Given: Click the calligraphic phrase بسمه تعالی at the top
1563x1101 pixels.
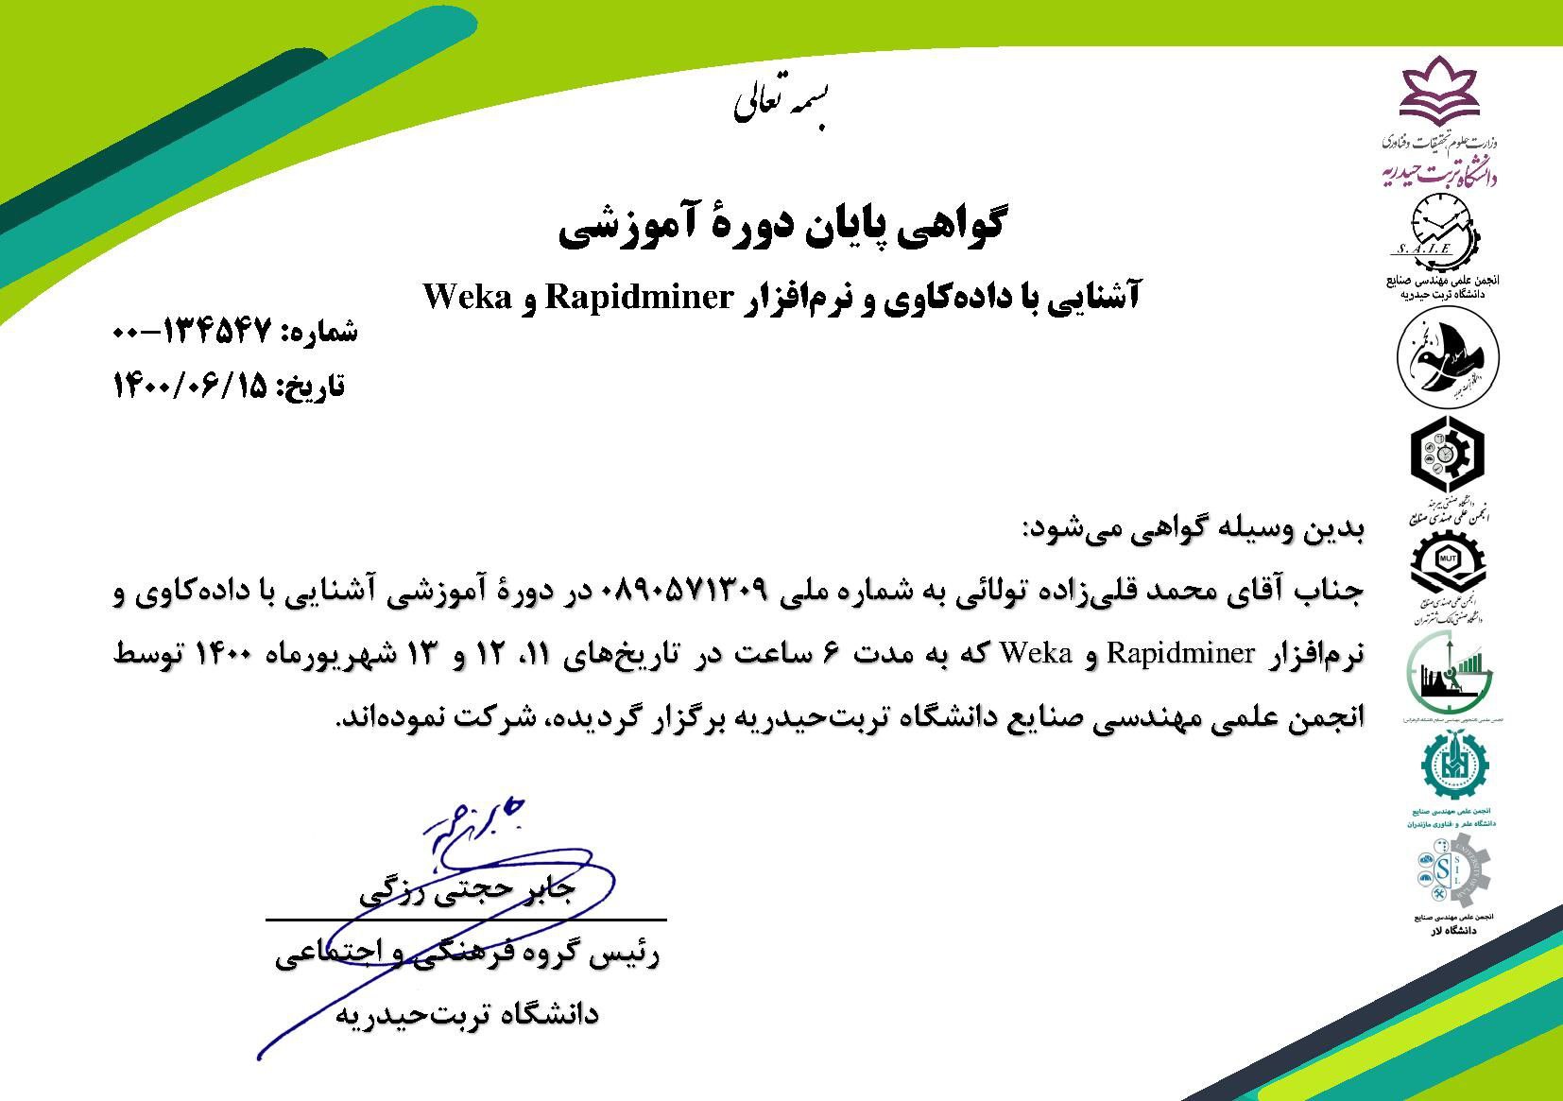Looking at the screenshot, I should (x=784, y=104).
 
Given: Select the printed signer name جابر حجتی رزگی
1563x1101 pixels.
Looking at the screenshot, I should (x=467, y=893).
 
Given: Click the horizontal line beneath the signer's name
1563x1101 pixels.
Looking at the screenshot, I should (x=466, y=919).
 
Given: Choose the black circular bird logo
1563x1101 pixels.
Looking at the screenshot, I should (x=1447, y=360).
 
